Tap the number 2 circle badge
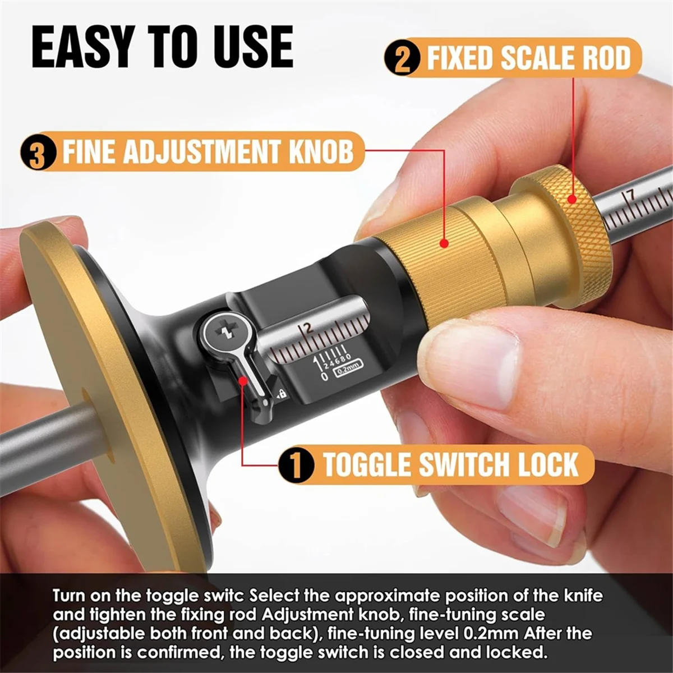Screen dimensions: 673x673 tap(402, 58)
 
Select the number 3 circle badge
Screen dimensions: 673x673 tap(38, 153)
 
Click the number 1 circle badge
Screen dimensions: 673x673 tap(296, 465)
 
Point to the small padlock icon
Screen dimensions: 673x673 tap(283, 394)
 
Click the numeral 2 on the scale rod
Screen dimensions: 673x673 tap(308, 328)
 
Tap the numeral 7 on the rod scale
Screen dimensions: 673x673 tap(630, 195)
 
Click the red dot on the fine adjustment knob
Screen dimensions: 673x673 tap(444, 242)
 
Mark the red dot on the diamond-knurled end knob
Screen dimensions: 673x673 tap(572, 199)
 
